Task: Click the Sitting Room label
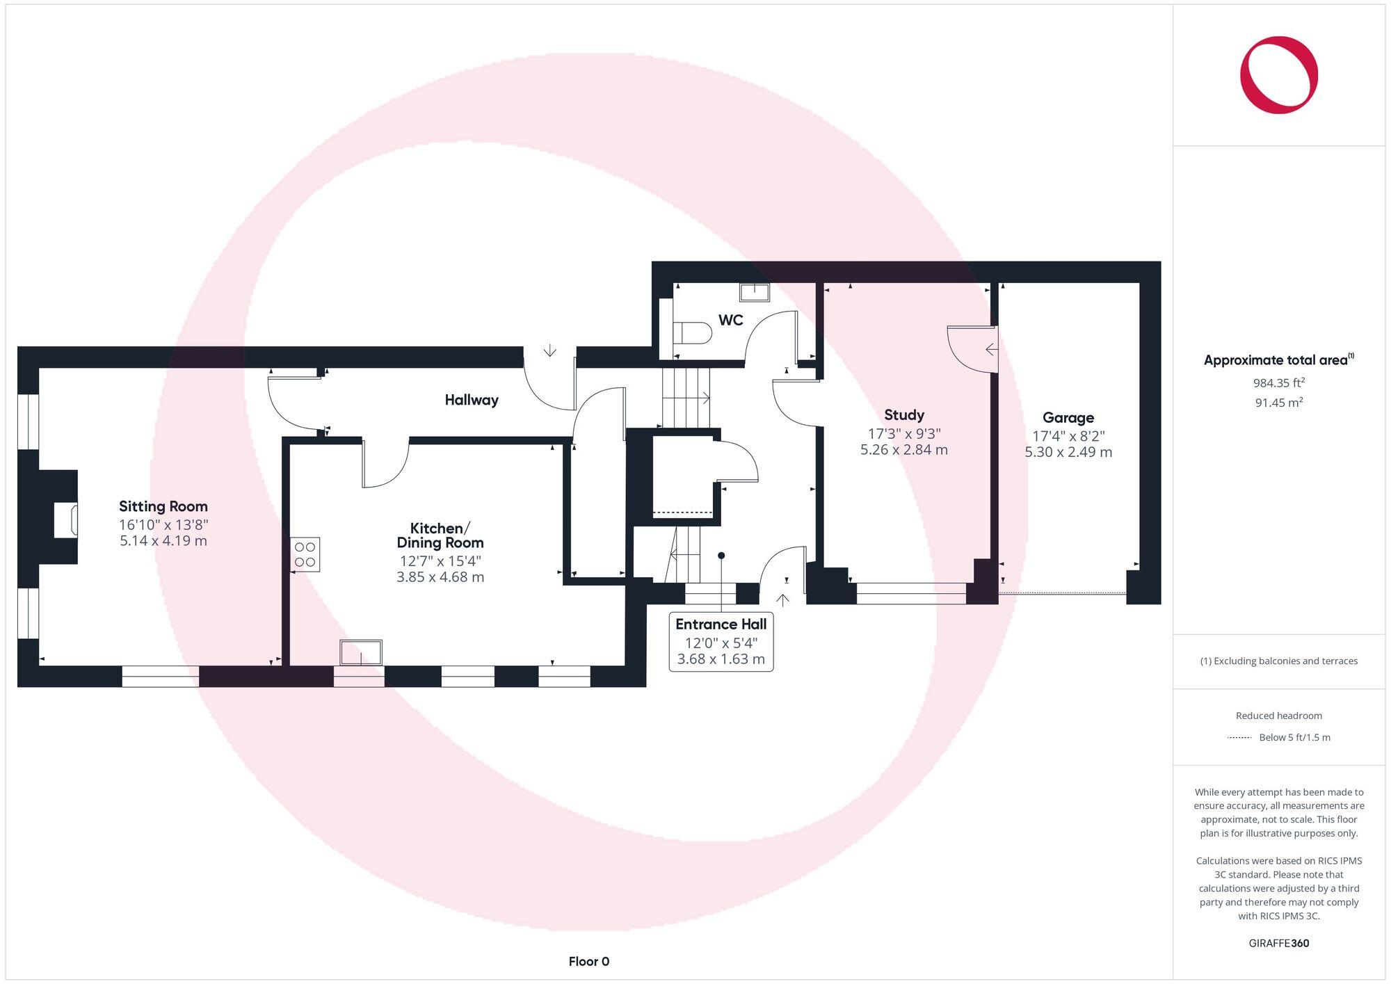pos(163,506)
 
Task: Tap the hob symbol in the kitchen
pos(305,554)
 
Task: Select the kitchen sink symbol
pos(361,653)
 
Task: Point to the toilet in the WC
pos(693,334)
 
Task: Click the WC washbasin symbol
pos(754,292)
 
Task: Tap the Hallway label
pos(472,400)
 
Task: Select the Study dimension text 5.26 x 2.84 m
pos(903,450)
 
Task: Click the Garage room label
pos(1068,418)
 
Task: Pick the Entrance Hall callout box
pos(721,641)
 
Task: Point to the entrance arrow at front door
pos(782,599)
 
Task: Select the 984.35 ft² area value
pos(1278,382)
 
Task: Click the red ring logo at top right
pos(1278,75)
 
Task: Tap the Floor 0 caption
pos(588,962)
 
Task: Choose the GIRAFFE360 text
pos(1278,944)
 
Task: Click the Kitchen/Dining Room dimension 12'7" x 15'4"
pos(440,560)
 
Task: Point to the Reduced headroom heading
pos(1278,716)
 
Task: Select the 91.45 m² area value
pos(1278,403)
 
